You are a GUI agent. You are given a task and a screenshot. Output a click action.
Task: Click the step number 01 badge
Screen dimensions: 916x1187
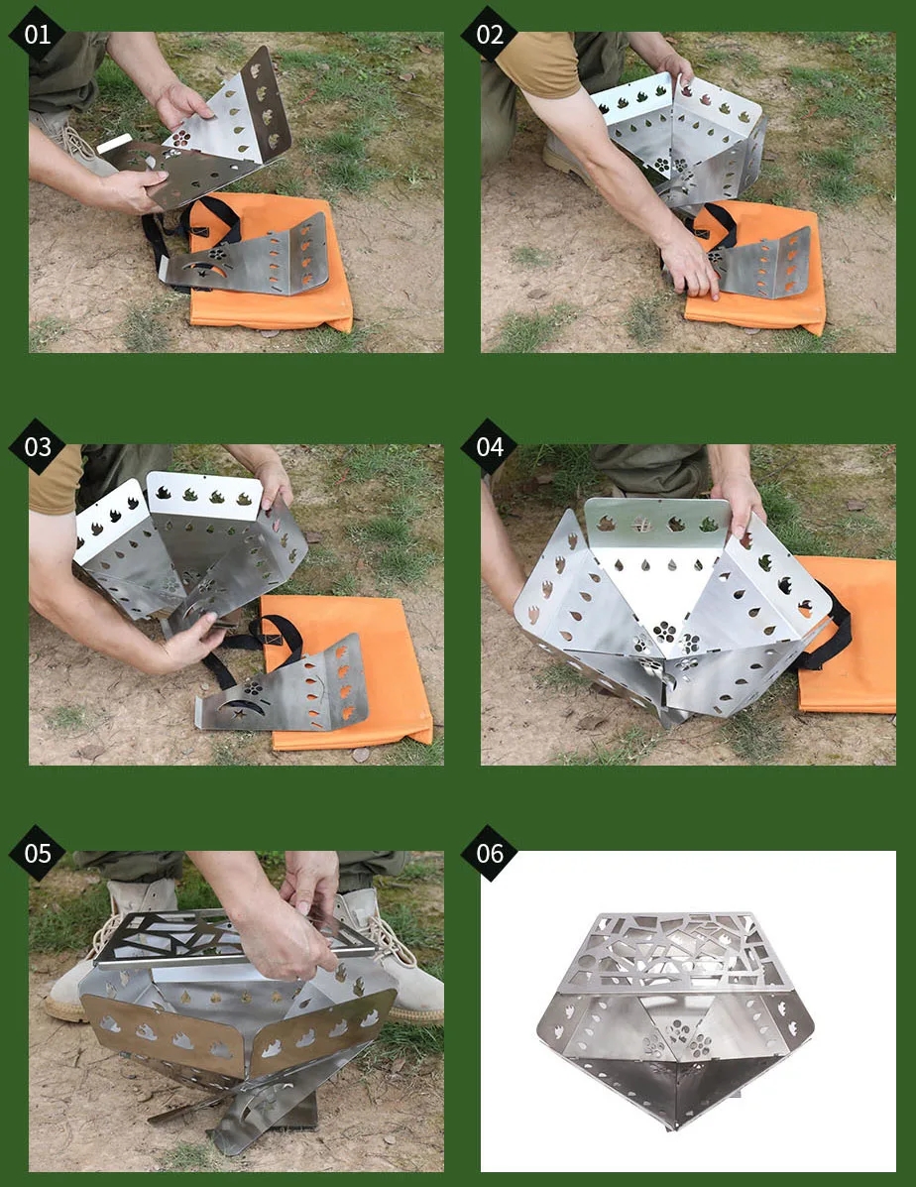[37, 34]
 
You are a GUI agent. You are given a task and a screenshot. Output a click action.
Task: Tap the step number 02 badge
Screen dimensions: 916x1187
[489, 34]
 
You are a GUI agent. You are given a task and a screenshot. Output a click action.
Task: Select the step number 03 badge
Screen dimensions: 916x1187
[37, 446]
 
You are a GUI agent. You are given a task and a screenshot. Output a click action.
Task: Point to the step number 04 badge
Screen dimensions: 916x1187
[489, 446]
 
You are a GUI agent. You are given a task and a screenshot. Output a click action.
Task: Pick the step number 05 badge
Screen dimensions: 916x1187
[37, 853]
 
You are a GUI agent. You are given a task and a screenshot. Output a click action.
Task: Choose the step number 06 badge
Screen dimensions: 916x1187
[489, 853]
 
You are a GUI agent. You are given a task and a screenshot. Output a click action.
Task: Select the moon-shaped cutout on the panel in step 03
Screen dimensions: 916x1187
[242, 709]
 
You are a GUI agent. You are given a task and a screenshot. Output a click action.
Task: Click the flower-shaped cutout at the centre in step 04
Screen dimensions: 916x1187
[664, 632]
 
